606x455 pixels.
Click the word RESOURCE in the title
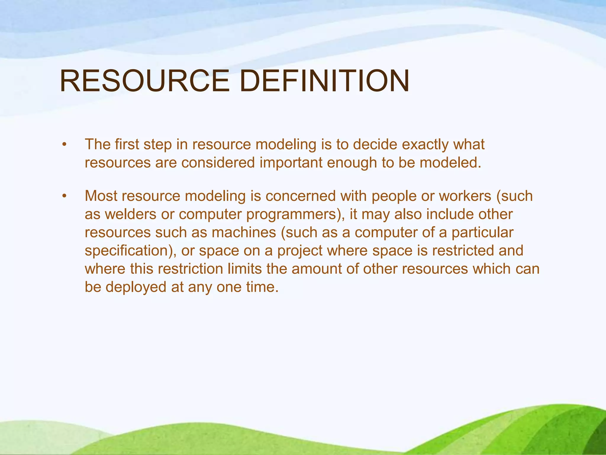click(144, 81)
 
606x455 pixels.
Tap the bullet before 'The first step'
click(64, 145)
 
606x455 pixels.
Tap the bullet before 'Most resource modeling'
click(64, 196)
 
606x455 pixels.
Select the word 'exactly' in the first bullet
click(425, 145)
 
